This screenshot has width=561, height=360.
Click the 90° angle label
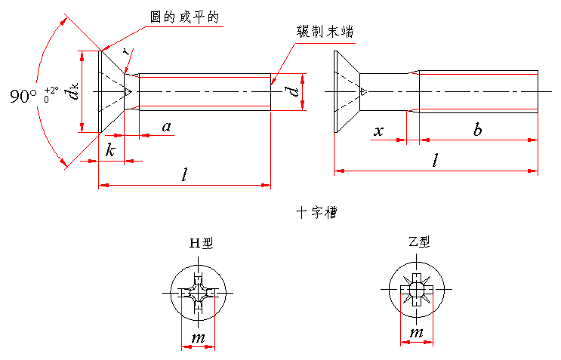[x=23, y=96]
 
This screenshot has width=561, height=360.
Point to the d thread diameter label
[x=291, y=92]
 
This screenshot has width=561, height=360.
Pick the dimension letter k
[x=110, y=151]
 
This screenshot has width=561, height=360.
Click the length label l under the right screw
[x=435, y=160]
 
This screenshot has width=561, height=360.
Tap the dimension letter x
[x=379, y=131]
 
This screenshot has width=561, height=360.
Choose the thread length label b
[x=477, y=131]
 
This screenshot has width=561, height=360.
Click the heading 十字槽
[x=316, y=214]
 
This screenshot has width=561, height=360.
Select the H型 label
[x=202, y=243]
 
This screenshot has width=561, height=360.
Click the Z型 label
[x=418, y=242]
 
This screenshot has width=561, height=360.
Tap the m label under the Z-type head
[x=415, y=333]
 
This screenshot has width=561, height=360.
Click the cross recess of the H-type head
[x=198, y=292]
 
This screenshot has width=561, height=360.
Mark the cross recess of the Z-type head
[x=416, y=289]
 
